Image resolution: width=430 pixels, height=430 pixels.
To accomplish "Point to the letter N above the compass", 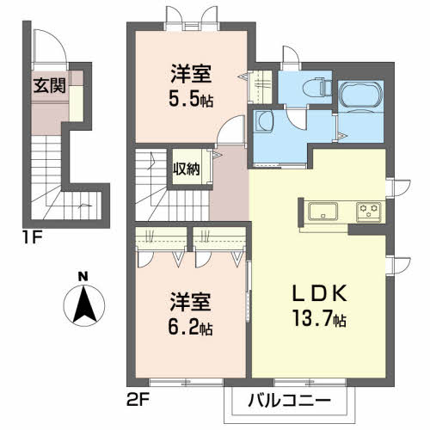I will [83, 277].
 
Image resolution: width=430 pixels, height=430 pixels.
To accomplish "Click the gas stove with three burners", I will [370, 209].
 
